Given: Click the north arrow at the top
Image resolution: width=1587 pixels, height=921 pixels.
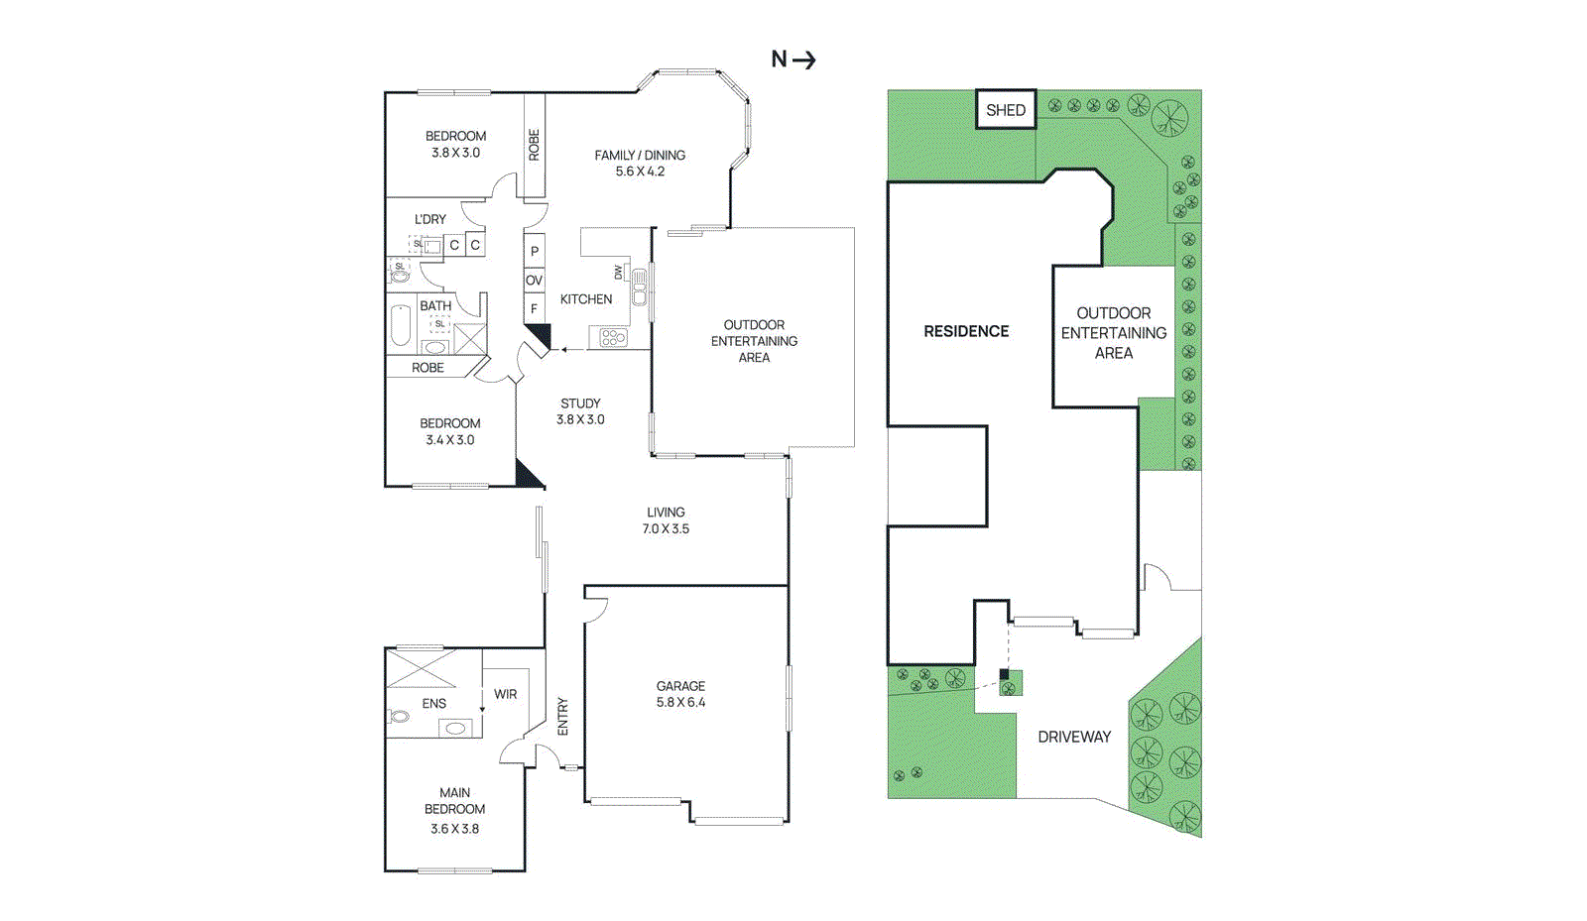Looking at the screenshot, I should click(793, 59).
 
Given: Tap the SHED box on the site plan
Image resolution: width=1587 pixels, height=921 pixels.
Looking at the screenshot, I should click(1006, 110).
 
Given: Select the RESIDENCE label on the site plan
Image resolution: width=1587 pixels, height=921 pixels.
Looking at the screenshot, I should click(965, 331).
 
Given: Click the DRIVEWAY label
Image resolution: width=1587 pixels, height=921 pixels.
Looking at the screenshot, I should click(1073, 737).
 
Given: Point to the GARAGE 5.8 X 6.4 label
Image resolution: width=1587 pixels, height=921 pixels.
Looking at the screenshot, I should click(680, 694).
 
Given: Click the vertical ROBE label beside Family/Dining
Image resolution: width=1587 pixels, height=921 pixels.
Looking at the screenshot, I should click(534, 145).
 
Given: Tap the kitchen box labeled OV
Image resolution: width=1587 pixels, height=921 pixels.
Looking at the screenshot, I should click(534, 281).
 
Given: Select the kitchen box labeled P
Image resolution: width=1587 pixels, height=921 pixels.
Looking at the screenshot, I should click(534, 252).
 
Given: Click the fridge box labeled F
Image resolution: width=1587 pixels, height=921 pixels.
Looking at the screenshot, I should click(534, 308).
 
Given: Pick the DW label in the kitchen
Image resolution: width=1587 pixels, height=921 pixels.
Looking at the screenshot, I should click(618, 271).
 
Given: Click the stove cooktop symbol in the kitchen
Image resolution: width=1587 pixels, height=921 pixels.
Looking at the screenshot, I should click(613, 338).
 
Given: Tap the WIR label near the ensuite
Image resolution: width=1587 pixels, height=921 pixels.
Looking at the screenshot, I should click(505, 694).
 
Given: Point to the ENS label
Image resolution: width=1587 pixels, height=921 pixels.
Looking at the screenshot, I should click(433, 703).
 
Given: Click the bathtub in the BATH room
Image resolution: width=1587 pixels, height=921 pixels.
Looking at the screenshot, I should click(401, 325).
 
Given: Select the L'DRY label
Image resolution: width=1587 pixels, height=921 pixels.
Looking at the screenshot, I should click(429, 219).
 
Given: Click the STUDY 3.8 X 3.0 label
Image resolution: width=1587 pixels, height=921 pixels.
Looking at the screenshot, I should click(580, 411).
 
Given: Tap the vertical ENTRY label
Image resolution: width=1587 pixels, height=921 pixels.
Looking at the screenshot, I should click(562, 716).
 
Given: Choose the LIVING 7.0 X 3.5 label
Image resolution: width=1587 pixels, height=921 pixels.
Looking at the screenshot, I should click(666, 520).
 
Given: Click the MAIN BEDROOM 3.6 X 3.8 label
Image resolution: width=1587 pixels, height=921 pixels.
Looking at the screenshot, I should click(454, 810).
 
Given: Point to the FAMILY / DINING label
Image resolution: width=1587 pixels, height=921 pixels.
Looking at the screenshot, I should click(640, 163).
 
